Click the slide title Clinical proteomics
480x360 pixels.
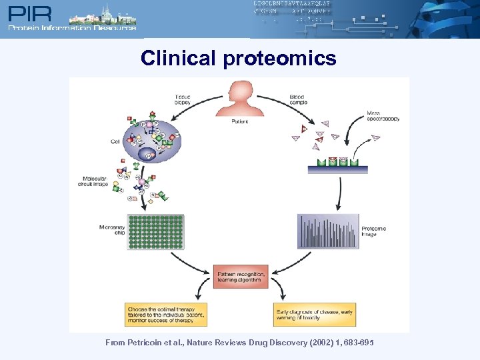click(238, 59)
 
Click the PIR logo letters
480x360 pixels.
click(29, 13)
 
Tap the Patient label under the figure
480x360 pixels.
click(240, 122)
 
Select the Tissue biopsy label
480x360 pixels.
click(183, 100)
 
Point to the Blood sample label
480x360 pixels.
click(297, 100)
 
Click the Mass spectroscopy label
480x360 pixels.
click(383, 116)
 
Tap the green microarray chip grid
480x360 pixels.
click(155, 232)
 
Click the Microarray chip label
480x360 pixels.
click(111, 231)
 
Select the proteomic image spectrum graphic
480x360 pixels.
click(328, 231)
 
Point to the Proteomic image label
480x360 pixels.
click(373, 231)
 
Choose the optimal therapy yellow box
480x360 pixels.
click(166, 314)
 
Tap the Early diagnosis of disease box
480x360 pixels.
click(314, 314)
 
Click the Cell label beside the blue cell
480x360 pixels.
click(115, 141)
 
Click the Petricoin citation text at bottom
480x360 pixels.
click(239, 342)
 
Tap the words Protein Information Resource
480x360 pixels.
click(72, 28)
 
